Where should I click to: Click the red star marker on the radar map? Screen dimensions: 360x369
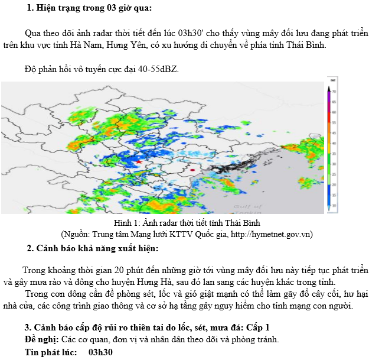[139, 161]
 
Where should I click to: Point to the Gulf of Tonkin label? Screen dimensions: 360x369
[248, 209]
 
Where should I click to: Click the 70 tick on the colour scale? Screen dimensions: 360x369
[334, 92]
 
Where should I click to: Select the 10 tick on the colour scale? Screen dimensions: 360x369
[334, 205]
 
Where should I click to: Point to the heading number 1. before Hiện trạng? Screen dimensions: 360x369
[30, 8]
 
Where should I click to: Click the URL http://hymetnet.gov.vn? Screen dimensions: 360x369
[267, 234]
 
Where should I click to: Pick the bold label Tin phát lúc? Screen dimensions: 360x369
[51, 352]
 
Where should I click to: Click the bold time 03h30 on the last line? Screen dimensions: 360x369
[100, 352]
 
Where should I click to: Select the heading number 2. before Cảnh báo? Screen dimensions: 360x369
[31, 248]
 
